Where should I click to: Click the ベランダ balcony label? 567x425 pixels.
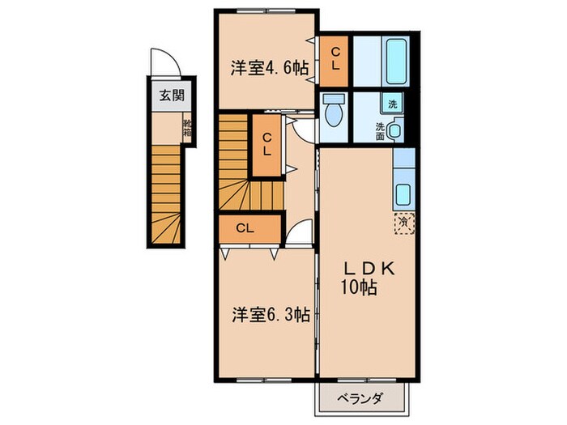(x=359, y=397)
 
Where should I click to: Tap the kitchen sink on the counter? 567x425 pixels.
(x=403, y=193)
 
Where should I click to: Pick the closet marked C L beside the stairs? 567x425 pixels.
(x=266, y=145)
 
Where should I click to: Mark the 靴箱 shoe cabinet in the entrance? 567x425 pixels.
(x=187, y=129)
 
